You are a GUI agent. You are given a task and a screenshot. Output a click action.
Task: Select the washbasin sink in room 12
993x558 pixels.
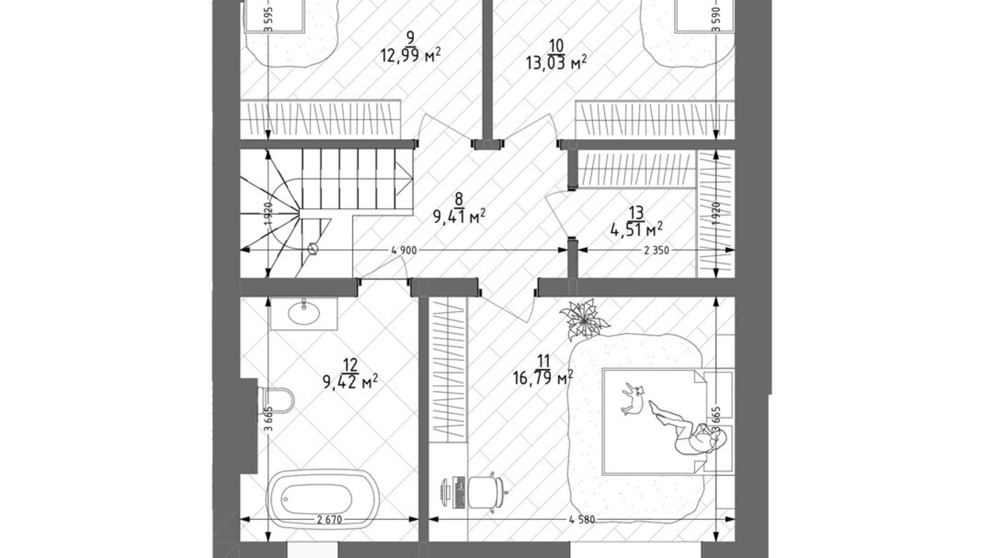303,312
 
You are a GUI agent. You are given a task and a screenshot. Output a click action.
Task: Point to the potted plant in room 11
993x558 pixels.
584,319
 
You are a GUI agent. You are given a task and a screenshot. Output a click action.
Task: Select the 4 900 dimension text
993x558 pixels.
404,250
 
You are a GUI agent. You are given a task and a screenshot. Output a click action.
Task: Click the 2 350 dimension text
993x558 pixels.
656,250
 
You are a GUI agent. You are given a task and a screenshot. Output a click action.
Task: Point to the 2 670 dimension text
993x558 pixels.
330,519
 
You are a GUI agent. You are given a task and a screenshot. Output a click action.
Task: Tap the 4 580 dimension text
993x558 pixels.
582,519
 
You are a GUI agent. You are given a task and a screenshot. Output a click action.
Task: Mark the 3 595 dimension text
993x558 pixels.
269,20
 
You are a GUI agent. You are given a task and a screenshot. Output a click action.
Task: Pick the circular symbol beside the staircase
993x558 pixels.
313,249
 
